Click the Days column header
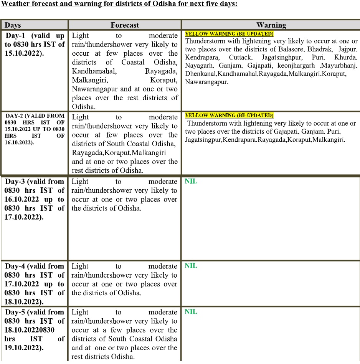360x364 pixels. coord(13,25)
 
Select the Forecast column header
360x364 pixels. coord(125,25)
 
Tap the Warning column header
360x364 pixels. coord(271,25)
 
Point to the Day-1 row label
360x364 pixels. coord(35,44)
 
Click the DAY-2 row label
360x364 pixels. coord(35,129)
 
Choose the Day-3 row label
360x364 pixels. coord(35,199)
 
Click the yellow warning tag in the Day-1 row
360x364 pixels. coord(229,34)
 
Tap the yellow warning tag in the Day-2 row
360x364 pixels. coord(229,115)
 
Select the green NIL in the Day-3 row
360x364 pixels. coord(191,181)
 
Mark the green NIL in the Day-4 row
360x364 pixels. coord(191,266)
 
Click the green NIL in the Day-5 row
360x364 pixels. coord(191,312)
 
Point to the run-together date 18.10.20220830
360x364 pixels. coord(30,330)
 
